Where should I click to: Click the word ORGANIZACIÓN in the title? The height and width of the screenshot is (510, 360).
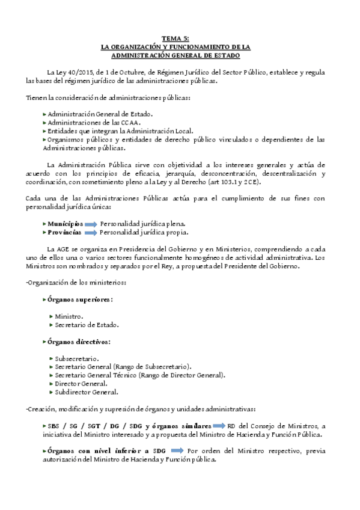(x=133, y=46)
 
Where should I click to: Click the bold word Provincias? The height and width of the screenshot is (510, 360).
(x=64, y=232)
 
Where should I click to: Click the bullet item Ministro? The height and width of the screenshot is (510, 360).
(x=69, y=316)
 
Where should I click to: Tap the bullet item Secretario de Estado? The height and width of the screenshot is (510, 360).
(x=86, y=325)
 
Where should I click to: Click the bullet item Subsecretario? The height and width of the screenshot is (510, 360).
(x=77, y=358)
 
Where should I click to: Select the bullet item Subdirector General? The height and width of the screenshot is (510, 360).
(x=86, y=392)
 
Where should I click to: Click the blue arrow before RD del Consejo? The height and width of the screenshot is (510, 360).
(x=221, y=425)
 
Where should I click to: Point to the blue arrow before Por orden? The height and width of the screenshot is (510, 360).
(x=178, y=450)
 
